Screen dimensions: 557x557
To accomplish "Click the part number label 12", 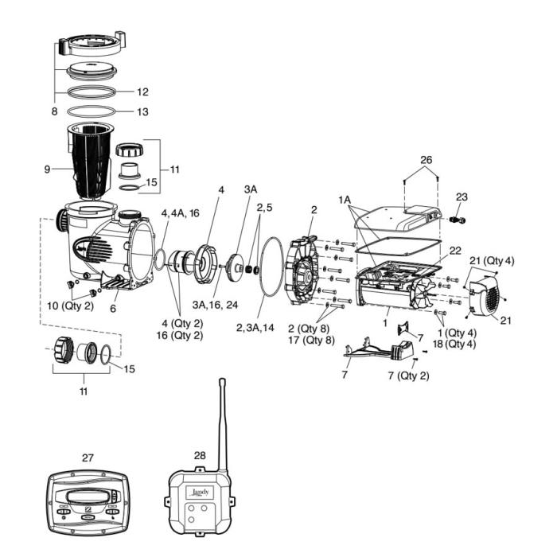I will [x=142, y=92].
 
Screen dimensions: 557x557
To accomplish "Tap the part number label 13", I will [x=142, y=112].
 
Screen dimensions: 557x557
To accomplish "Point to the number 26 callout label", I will [x=427, y=161].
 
